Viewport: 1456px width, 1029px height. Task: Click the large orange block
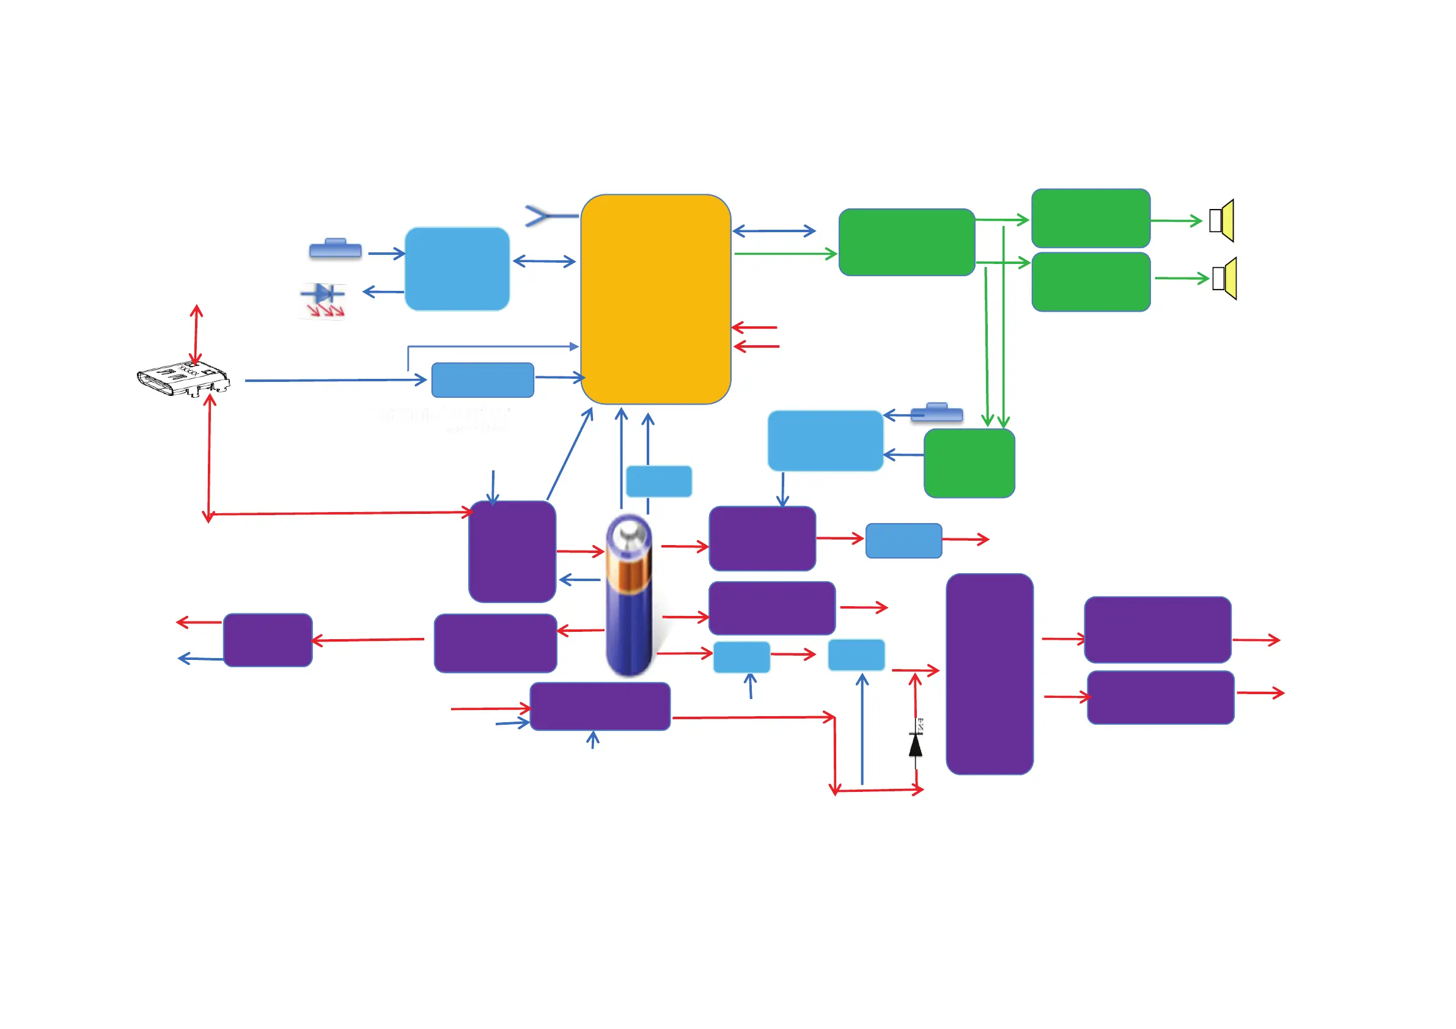click(x=656, y=299)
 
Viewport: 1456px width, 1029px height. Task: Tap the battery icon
click(x=628, y=596)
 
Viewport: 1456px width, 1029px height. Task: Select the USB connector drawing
click(x=183, y=378)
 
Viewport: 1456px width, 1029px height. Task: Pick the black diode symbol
click(x=915, y=744)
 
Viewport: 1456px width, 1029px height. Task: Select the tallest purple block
click(x=989, y=673)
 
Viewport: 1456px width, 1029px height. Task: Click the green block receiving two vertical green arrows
click(x=969, y=463)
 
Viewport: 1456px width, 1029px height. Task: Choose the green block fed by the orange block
click(x=906, y=242)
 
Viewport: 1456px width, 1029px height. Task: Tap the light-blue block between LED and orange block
click(x=457, y=269)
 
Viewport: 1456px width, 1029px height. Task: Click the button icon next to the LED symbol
click(x=336, y=249)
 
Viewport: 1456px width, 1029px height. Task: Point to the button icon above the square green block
click(x=936, y=412)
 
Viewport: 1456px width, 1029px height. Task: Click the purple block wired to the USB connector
click(x=512, y=551)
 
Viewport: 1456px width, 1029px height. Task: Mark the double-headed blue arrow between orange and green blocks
click(x=774, y=231)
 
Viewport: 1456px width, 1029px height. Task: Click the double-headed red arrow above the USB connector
click(x=196, y=335)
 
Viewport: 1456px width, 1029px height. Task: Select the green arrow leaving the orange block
click(x=785, y=254)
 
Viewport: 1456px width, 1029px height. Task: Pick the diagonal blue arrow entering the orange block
click(x=570, y=454)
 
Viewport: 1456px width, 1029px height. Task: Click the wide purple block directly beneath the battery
click(x=600, y=706)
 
